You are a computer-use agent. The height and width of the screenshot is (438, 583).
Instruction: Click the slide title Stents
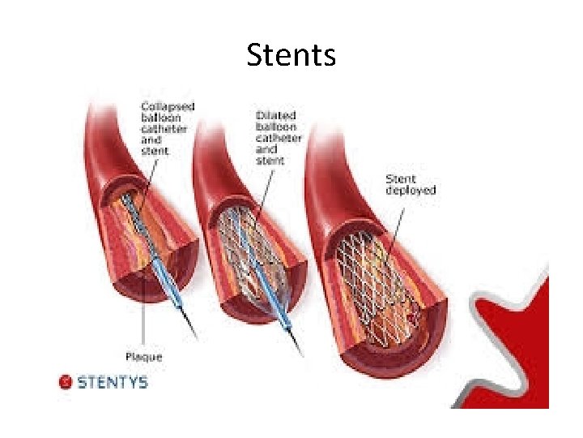291,55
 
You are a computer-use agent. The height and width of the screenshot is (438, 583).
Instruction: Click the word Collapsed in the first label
168,106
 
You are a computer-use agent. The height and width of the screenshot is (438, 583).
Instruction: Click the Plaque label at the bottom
143,357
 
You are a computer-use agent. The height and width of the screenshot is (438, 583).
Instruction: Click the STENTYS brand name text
113,381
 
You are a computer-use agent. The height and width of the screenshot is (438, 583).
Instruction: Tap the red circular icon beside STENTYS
66,381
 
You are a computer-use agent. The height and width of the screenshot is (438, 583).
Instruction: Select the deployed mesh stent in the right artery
381,276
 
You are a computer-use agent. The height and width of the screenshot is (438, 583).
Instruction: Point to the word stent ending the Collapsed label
155,151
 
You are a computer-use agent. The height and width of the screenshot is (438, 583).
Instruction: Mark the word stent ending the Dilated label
270,161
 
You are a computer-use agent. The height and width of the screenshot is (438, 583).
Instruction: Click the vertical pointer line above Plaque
143,316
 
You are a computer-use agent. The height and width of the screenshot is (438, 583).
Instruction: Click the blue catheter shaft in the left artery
162,268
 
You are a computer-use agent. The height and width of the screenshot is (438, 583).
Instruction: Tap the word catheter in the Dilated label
279,138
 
